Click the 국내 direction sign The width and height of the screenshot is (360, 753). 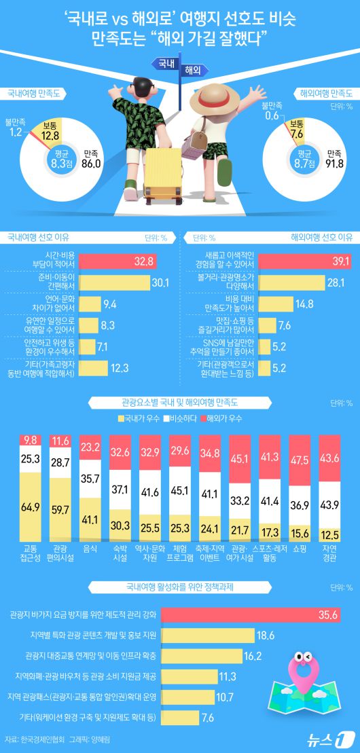164,64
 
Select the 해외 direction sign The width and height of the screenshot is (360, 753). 193,70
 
